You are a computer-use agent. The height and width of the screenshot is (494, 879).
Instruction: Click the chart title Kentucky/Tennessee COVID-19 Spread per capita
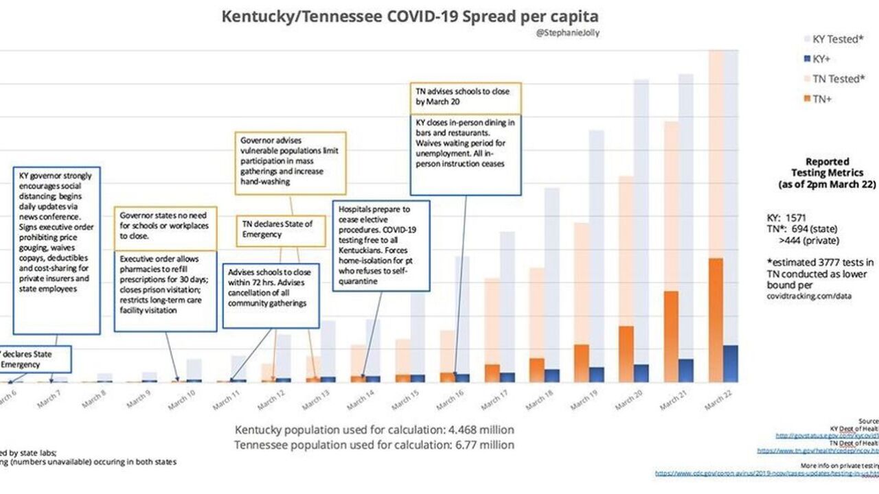[x=409, y=16]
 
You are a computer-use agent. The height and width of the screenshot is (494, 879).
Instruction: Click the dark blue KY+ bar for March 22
[x=731, y=363]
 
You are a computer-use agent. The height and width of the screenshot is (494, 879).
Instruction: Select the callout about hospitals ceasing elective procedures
[x=381, y=245]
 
